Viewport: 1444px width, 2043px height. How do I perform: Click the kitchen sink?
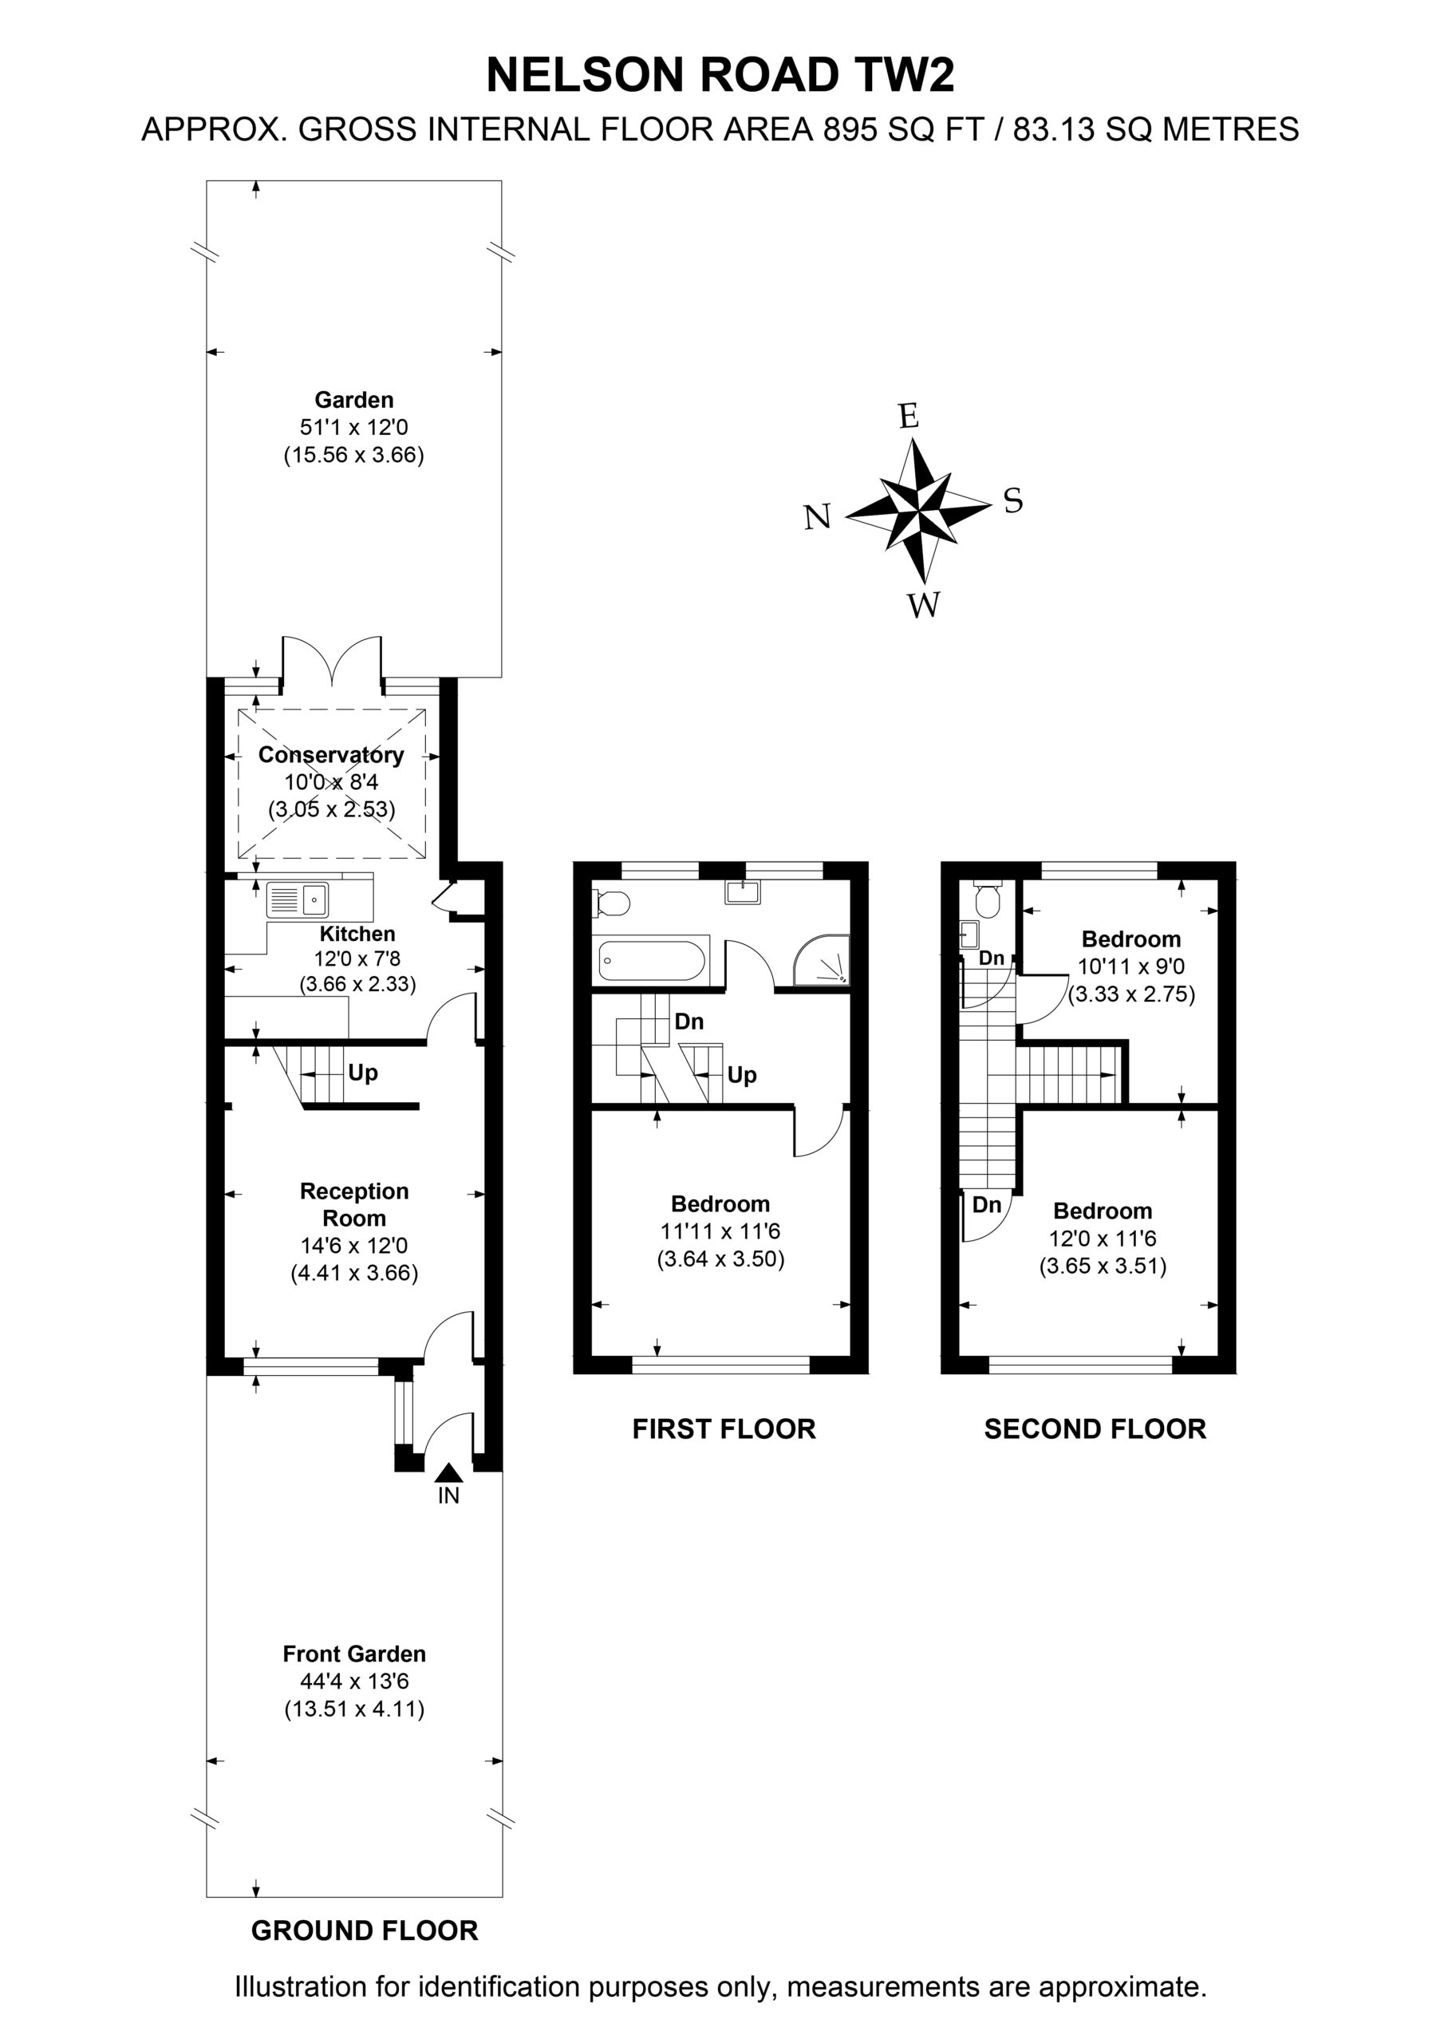(x=297, y=899)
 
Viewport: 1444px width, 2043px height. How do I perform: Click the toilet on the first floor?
(x=612, y=903)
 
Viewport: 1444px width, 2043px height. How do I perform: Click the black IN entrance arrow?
(x=448, y=1472)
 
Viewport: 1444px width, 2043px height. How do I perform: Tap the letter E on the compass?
(x=908, y=416)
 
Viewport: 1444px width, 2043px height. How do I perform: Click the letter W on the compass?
(x=924, y=605)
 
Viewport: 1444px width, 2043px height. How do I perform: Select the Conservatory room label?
(x=331, y=755)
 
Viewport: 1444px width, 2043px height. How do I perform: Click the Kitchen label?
(x=357, y=934)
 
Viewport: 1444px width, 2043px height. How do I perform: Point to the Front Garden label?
(x=354, y=1654)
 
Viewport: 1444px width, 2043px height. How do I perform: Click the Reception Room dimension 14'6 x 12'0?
(x=354, y=1246)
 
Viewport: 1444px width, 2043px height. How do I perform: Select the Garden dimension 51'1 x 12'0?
(x=354, y=427)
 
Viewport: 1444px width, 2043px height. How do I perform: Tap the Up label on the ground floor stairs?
(x=363, y=1073)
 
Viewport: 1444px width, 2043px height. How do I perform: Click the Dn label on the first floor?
(x=689, y=1021)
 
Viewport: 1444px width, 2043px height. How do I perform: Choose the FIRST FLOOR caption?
(x=724, y=1429)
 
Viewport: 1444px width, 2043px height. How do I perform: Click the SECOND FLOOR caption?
(x=1095, y=1429)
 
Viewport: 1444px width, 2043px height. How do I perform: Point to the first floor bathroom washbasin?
(x=743, y=891)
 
